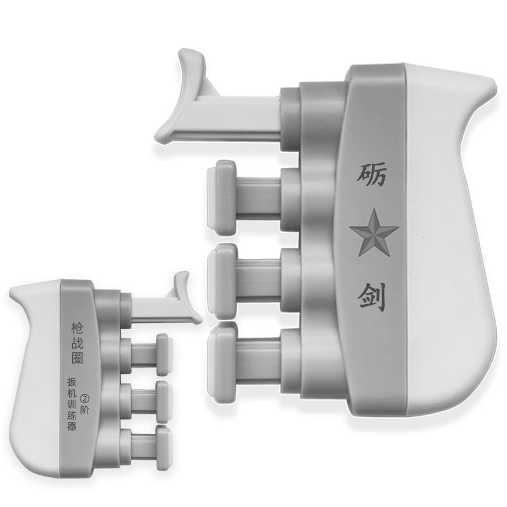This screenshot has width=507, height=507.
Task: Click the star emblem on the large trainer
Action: pyautogui.click(x=373, y=232)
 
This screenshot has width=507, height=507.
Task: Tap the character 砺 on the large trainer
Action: pyautogui.click(x=371, y=174)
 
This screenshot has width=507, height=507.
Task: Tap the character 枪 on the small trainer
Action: pyautogui.click(x=77, y=329)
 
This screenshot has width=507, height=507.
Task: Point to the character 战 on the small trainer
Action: pyautogui.click(x=77, y=343)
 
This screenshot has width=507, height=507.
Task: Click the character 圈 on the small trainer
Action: pyautogui.click(x=77, y=357)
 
